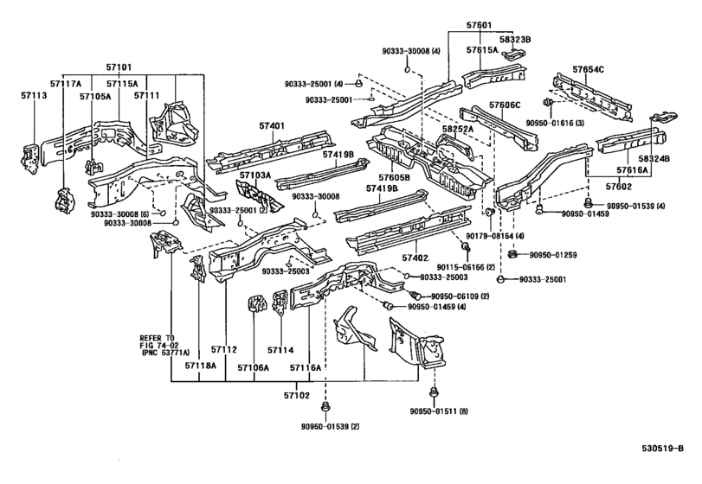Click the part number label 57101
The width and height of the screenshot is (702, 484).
click(x=119, y=67)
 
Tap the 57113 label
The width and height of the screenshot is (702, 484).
click(x=34, y=95)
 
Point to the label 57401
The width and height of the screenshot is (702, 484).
click(x=271, y=126)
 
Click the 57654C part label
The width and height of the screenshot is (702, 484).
click(x=588, y=69)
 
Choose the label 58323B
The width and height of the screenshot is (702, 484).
click(x=515, y=40)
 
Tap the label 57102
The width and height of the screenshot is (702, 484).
click(x=296, y=396)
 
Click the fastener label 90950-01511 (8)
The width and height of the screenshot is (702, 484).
click(x=439, y=411)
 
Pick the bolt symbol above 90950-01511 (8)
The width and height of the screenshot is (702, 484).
click(x=433, y=392)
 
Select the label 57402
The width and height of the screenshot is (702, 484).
click(x=415, y=258)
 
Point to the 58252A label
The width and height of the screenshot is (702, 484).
click(x=458, y=129)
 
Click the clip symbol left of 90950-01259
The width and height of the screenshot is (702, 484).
click(x=513, y=255)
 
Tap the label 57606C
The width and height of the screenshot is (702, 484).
click(x=505, y=105)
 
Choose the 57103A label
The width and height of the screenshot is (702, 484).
click(x=255, y=175)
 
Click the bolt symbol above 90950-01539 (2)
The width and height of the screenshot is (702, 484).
click(x=325, y=407)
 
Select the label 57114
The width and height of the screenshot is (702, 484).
click(x=280, y=350)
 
